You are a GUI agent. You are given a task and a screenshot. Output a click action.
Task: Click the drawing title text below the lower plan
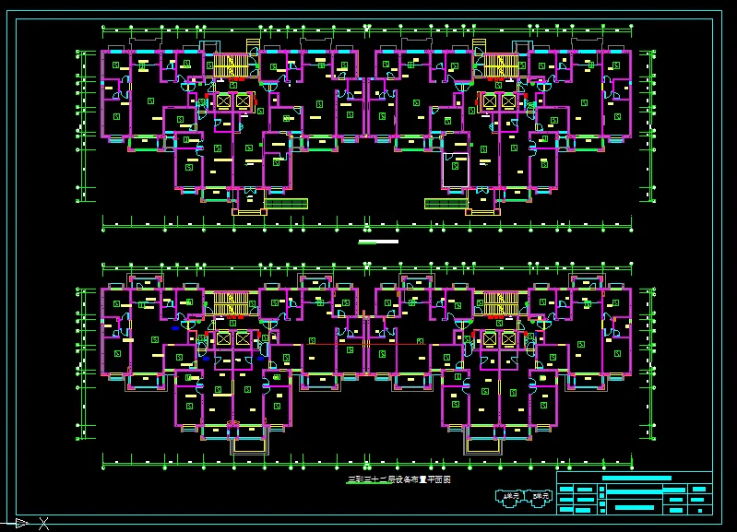(398, 480)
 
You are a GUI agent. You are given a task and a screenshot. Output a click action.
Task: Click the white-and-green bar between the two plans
(378, 242)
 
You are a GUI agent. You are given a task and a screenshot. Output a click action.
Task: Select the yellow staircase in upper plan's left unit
(231, 66)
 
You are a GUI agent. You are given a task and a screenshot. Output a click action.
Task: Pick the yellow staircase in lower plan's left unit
(231, 303)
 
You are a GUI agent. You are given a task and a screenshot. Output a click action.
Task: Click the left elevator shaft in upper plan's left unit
(222, 101)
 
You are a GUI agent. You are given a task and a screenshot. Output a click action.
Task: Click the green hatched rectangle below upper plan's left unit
(285, 203)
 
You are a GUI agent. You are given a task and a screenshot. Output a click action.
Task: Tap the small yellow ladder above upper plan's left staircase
(253, 44)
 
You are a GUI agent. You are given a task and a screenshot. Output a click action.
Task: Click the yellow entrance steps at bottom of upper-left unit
(248, 210)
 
